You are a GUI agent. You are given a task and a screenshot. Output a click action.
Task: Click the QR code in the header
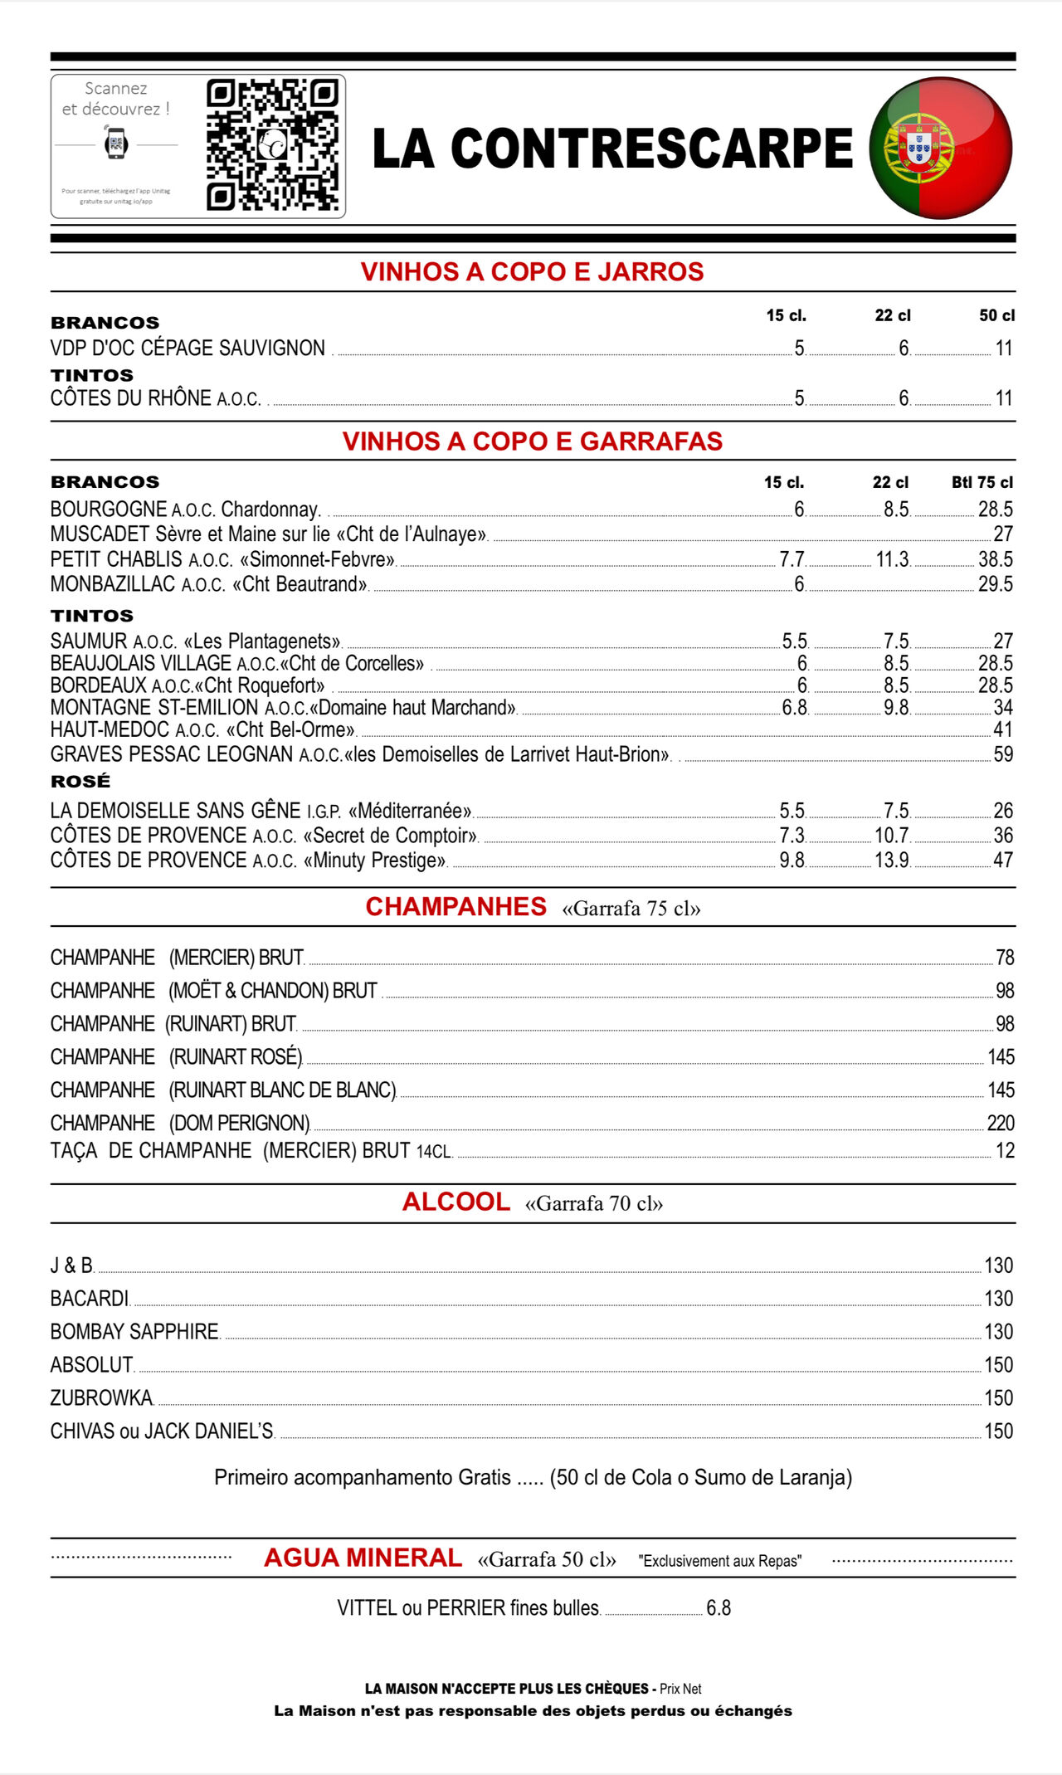272,146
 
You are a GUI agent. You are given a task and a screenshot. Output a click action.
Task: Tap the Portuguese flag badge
941,148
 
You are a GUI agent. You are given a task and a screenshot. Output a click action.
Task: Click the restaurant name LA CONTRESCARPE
612,149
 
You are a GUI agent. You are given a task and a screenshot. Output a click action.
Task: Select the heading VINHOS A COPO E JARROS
532,272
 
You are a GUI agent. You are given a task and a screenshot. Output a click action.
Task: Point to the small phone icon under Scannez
116,144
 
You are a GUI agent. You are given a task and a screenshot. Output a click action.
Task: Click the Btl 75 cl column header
982,482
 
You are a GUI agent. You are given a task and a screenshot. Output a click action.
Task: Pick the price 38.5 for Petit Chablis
995,559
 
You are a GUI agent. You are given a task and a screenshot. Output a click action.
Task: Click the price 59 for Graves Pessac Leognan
1003,754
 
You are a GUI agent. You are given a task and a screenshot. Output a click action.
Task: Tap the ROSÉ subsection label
80,781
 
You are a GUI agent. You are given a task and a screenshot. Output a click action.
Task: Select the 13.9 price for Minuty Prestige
892,861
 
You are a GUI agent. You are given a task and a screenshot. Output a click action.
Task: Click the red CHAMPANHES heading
456,907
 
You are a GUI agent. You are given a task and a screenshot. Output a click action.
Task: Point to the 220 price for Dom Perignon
1001,1123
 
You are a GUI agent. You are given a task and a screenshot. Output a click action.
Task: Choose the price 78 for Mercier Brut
1005,958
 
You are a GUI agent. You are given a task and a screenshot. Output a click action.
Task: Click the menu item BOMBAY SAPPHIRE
134,1332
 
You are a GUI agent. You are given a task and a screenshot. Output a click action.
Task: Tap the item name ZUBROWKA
101,1398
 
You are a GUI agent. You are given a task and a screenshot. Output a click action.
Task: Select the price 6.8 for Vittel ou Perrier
719,1608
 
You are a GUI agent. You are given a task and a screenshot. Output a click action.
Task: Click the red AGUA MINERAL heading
363,1558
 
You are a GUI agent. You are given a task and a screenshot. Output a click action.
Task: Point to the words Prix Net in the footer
680,1689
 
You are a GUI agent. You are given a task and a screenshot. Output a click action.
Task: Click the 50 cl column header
996,315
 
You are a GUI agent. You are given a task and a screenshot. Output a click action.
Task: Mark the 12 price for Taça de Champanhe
1005,1151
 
